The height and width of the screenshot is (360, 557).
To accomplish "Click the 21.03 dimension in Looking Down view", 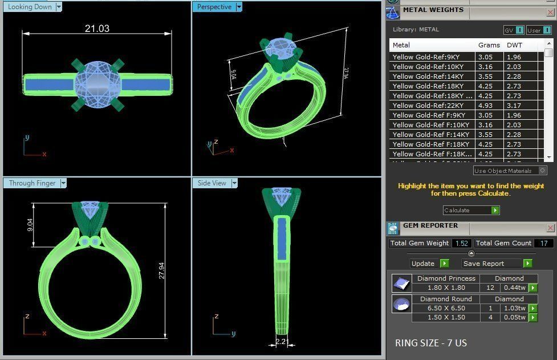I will tap(97, 29).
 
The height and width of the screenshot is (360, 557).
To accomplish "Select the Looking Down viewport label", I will tap(30, 7).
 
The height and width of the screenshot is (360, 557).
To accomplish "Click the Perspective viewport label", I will tap(214, 7).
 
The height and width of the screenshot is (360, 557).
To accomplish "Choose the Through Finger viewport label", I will tap(32, 183).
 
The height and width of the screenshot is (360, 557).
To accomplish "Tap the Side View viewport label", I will tap(212, 183).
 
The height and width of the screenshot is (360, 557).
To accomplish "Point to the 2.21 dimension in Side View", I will tap(281, 342).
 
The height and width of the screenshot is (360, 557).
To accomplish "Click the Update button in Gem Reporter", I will tap(423, 264).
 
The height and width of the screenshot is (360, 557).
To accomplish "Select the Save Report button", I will tap(483, 264).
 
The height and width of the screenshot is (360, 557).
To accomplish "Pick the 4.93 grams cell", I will tap(485, 106).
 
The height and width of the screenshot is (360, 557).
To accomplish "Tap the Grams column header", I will tap(489, 45).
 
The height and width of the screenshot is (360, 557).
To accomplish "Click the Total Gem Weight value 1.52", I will tap(461, 244).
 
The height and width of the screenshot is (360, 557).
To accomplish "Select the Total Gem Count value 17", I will tap(544, 244).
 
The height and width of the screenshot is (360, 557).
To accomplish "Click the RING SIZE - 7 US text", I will tap(430, 343).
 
